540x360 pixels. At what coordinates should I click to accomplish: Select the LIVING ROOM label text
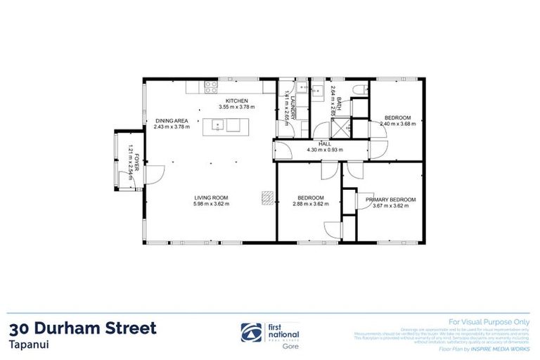click(x=212, y=198)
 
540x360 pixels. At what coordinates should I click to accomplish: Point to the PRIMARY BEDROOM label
click(x=390, y=200)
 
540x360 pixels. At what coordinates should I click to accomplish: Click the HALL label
click(x=324, y=143)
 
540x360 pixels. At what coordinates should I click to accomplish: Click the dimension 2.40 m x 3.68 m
click(x=397, y=124)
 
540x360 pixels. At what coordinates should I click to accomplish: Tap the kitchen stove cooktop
click(x=210, y=87)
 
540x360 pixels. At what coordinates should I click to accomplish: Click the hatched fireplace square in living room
click(x=266, y=198)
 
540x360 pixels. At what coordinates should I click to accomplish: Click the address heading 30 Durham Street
click(x=84, y=328)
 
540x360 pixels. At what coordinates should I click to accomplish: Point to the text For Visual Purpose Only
click(x=489, y=319)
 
